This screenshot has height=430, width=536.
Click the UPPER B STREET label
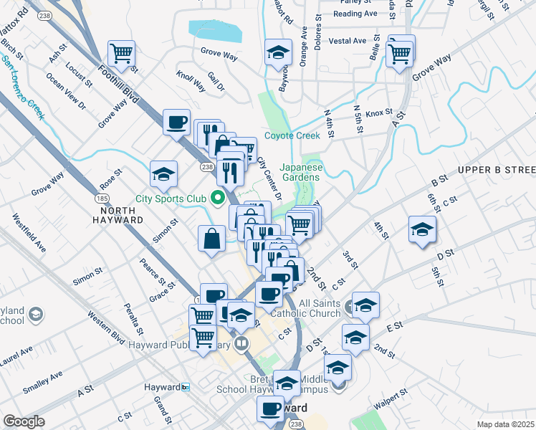pos(497,169)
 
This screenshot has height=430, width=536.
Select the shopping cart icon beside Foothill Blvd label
pos(122,52)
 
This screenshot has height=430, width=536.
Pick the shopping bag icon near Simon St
pos(213,238)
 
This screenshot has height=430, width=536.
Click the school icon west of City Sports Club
pos(163,174)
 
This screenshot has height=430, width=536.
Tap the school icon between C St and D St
pos(422,229)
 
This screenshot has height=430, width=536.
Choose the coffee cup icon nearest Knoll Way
pos(176,122)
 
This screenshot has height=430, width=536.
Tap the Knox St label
pos(379,113)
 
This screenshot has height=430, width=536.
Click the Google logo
pos(24,421)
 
